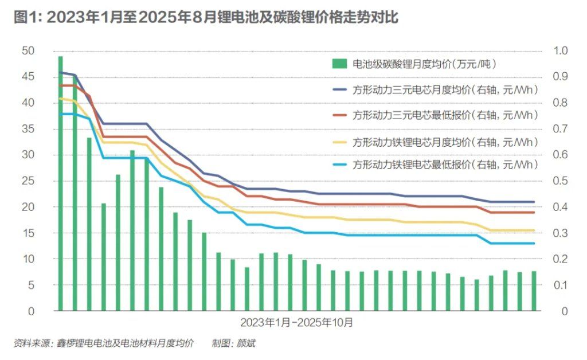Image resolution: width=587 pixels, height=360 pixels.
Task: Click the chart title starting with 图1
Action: tap(205, 17)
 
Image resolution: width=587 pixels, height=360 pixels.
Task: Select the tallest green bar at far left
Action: tap(61, 183)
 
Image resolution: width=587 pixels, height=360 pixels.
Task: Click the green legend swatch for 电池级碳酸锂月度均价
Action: tap(339, 64)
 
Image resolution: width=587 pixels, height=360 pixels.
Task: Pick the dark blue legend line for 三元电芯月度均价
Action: tap(339, 90)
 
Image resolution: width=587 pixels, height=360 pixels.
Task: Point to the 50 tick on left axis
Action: tap(28, 51)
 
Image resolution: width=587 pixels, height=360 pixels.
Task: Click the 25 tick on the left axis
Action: tap(28, 181)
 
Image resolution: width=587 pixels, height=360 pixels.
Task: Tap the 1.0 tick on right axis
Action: tap(559, 51)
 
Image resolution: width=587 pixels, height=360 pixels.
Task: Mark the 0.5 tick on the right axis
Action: tap(559, 181)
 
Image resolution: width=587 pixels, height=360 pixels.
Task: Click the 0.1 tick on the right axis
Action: tap(559, 285)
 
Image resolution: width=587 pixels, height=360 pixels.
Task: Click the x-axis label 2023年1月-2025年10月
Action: tap(296, 322)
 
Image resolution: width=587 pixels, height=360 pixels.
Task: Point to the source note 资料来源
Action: tap(103, 343)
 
